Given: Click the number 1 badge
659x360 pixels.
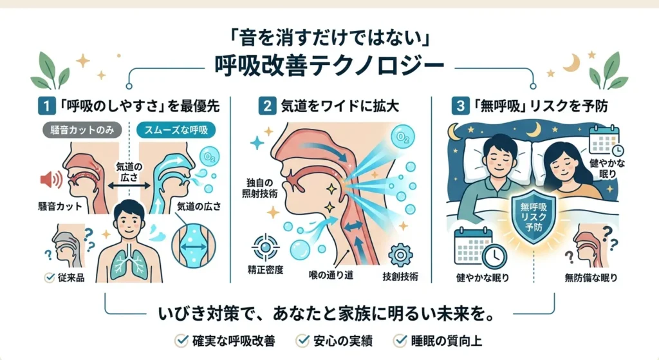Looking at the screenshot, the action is point(46,106).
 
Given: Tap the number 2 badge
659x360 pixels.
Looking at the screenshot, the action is point(267,106).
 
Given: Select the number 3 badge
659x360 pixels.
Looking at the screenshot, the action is point(460,106).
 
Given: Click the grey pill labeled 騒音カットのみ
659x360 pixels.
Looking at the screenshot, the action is point(82,130).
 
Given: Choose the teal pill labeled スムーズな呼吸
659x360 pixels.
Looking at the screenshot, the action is point(176,130).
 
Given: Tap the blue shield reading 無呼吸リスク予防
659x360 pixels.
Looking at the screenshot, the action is point(534,216).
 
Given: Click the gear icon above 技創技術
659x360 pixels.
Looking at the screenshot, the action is point(400,255).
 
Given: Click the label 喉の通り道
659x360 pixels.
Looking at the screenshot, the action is point(331,276).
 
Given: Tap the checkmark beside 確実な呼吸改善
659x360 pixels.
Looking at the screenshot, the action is point(181,340).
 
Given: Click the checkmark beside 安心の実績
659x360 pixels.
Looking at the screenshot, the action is point(302,340).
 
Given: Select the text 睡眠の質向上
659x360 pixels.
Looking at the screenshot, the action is point(447,341).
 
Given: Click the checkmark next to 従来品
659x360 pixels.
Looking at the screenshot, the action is point(50,277).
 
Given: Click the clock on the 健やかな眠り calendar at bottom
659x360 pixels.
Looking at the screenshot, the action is point(494,256).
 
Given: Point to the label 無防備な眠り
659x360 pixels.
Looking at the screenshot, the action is point(591,278).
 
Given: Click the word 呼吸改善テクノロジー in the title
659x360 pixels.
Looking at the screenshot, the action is point(329,66).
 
